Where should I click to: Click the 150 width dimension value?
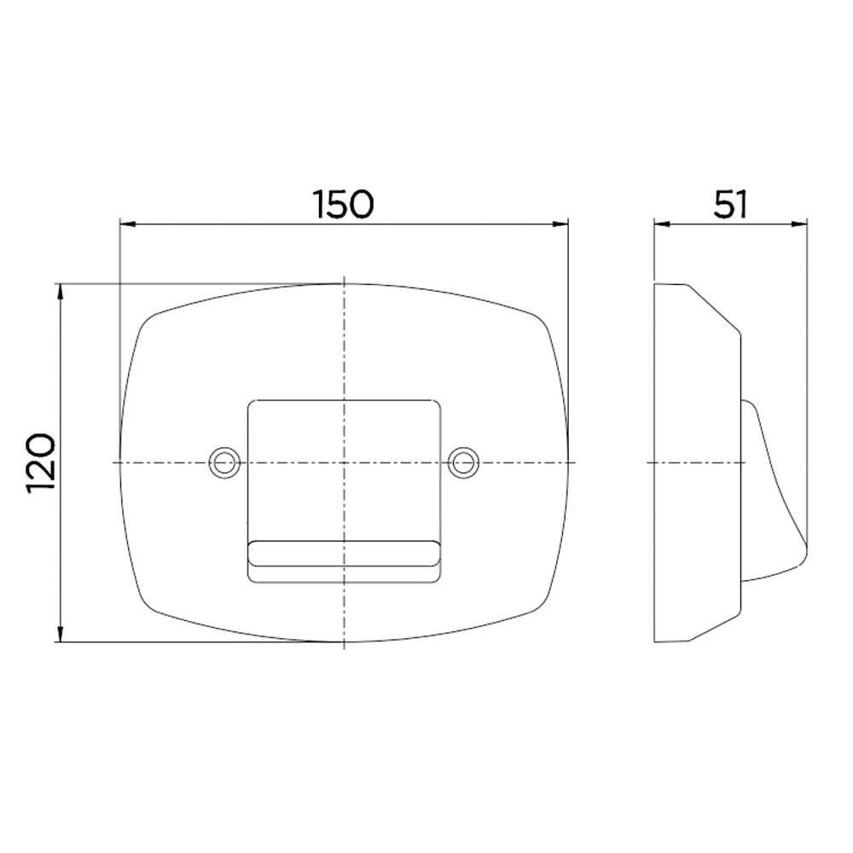tap(344, 204)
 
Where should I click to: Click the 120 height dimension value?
tap(41, 463)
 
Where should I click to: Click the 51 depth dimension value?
tap(731, 204)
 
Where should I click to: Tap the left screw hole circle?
tap(224, 463)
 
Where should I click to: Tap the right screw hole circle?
tap(463, 463)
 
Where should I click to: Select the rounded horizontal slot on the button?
tap(344, 554)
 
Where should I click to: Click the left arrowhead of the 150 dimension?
tap(127, 223)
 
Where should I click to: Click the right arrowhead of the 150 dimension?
tap(560, 223)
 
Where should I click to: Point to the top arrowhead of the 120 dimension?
tap(61, 292)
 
